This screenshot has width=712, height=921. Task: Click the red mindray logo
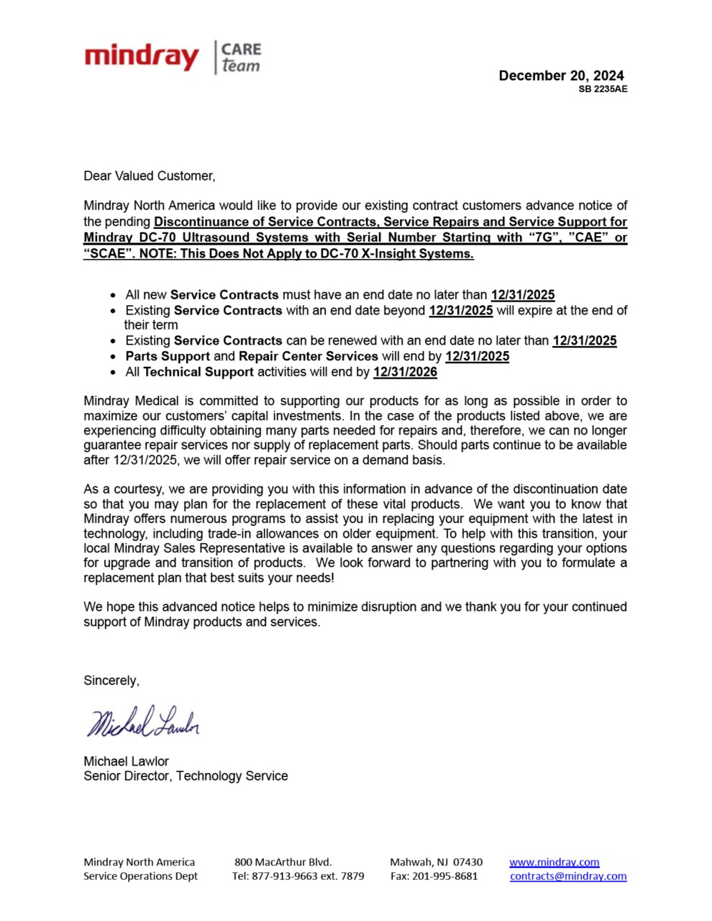pyautogui.click(x=142, y=57)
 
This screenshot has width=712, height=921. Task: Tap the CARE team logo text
pyautogui.click(x=241, y=58)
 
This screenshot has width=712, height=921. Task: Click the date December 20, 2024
pyautogui.click(x=561, y=76)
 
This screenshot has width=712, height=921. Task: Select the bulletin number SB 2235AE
pyautogui.click(x=603, y=89)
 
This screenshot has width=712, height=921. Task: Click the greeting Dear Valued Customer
pyautogui.click(x=149, y=176)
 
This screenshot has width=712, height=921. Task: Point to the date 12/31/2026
pyautogui.click(x=405, y=372)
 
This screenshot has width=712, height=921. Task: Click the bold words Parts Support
pyautogui.click(x=168, y=356)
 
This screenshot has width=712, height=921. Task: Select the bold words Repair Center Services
pyautogui.click(x=309, y=356)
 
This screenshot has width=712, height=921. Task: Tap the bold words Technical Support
pyautogui.click(x=198, y=372)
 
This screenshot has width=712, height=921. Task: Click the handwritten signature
pyautogui.click(x=143, y=722)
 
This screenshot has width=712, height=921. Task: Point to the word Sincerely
pyautogui.click(x=111, y=681)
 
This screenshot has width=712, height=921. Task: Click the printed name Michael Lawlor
pyautogui.click(x=126, y=761)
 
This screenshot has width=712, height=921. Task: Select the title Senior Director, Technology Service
pyautogui.click(x=186, y=776)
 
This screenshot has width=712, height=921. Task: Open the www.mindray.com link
pyautogui.click(x=554, y=862)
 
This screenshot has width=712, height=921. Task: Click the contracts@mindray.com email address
pyautogui.click(x=568, y=876)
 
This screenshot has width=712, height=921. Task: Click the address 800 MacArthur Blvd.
pyautogui.click(x=283, y=862)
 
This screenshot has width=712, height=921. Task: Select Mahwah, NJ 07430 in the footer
pyautogui.click(x=436, y=862)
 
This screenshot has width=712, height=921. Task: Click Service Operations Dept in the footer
pyautogui.click(x=140, y=876)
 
